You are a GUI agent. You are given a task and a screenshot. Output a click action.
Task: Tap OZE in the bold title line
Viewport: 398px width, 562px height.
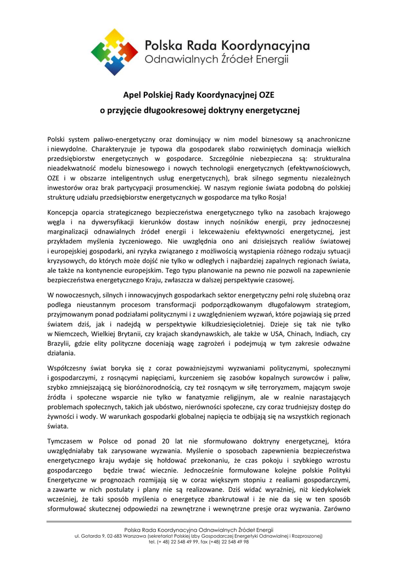click(267, 94)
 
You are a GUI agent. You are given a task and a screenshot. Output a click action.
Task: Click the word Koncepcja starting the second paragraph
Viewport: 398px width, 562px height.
click(66, 212)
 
